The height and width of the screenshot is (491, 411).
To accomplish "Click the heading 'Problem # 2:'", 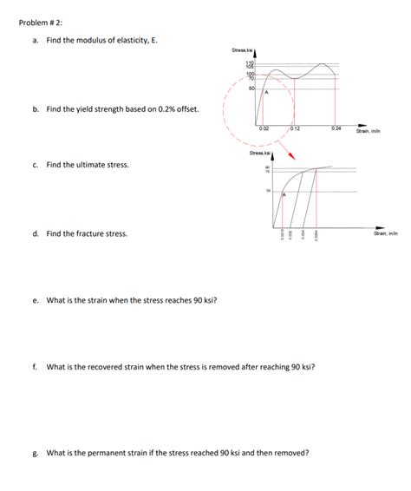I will pos(40,23).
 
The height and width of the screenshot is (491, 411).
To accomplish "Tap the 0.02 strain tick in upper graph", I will pos(264,128).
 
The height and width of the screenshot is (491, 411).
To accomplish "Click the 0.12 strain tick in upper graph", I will pos(295,128).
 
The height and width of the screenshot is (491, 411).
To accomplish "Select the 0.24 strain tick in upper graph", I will pos(336,128).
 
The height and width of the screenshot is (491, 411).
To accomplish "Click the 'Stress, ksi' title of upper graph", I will pos(241,52).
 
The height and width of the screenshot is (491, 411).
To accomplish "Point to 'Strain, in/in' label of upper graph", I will pos(369,132).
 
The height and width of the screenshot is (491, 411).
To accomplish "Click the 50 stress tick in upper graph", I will pos(251,88).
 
